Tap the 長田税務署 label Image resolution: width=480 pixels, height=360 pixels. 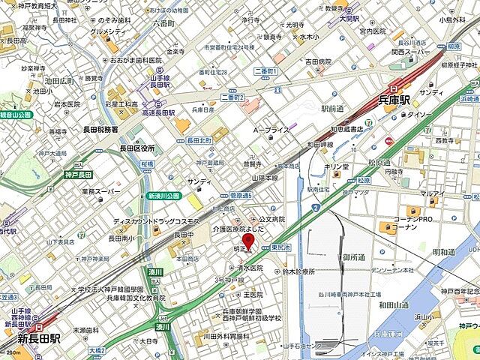tap(100, 129)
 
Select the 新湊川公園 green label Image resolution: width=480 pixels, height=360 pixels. tap(163, 195)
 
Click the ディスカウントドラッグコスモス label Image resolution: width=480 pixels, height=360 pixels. tap(156, 222)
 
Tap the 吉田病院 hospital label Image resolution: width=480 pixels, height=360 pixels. tap(317, 61)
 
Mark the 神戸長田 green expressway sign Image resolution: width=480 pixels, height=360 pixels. tap(79, 174)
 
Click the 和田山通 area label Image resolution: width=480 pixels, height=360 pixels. tap(393, 304)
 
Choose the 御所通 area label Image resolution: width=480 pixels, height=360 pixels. tap(354, 257)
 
